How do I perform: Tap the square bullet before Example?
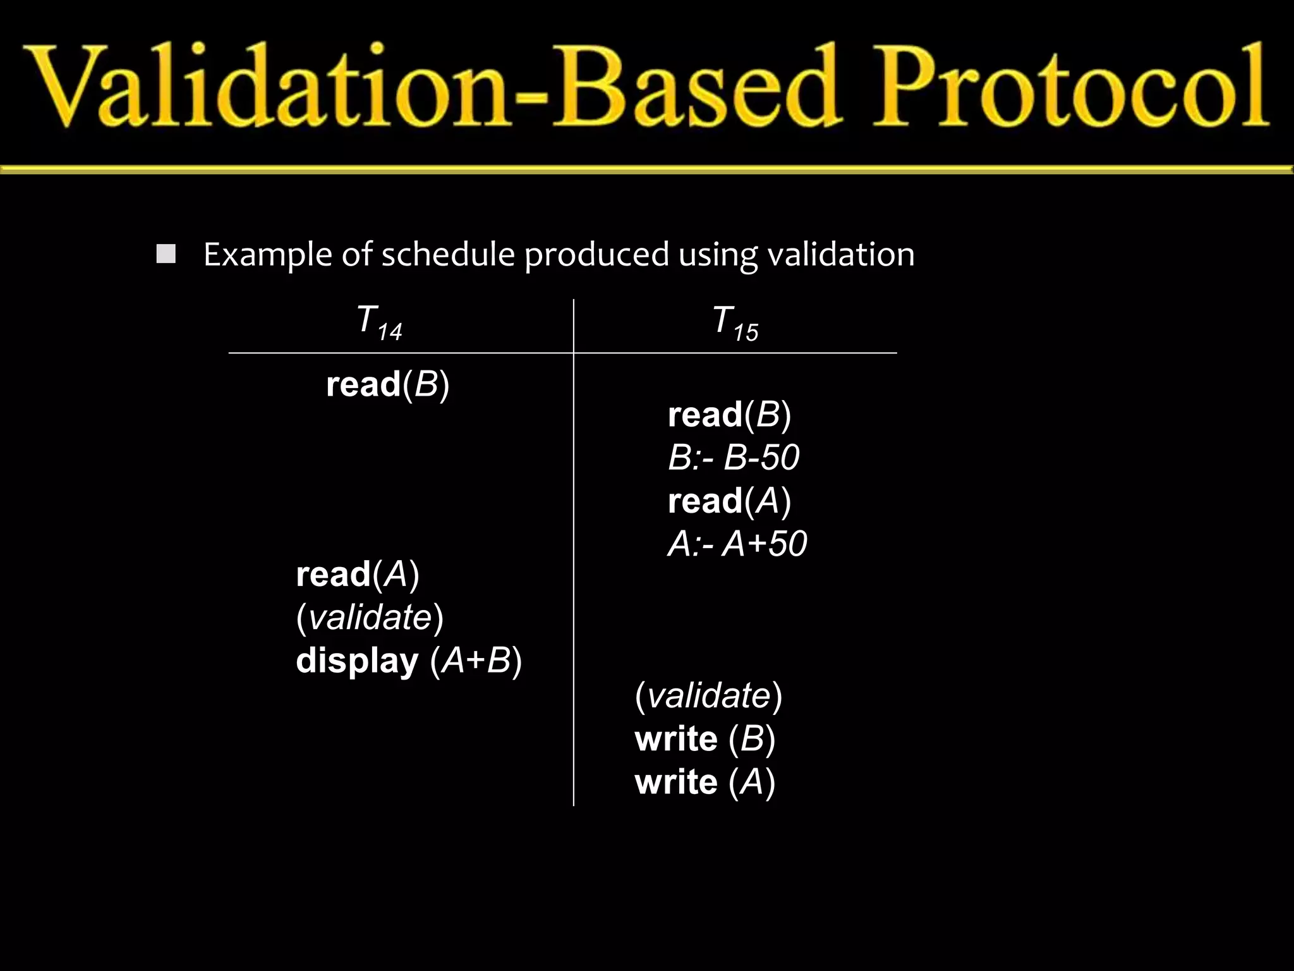(x=166, y=254)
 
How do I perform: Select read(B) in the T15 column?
(x=729, y=415)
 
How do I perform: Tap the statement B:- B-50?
(x=734, y=457)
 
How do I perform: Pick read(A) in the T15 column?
(x=729, y=501)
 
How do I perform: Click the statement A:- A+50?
(x=737, y=544)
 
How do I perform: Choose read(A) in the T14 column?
(x=358, y=574)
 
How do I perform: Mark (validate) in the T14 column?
(x=370, y=617)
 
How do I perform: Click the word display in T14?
(x=357, y=661)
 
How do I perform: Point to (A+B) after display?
(x=476, y=661)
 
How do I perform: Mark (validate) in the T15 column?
(x=708, y=695)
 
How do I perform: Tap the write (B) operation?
(x=704, y=738)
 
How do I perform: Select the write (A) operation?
(x=704, y=782)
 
